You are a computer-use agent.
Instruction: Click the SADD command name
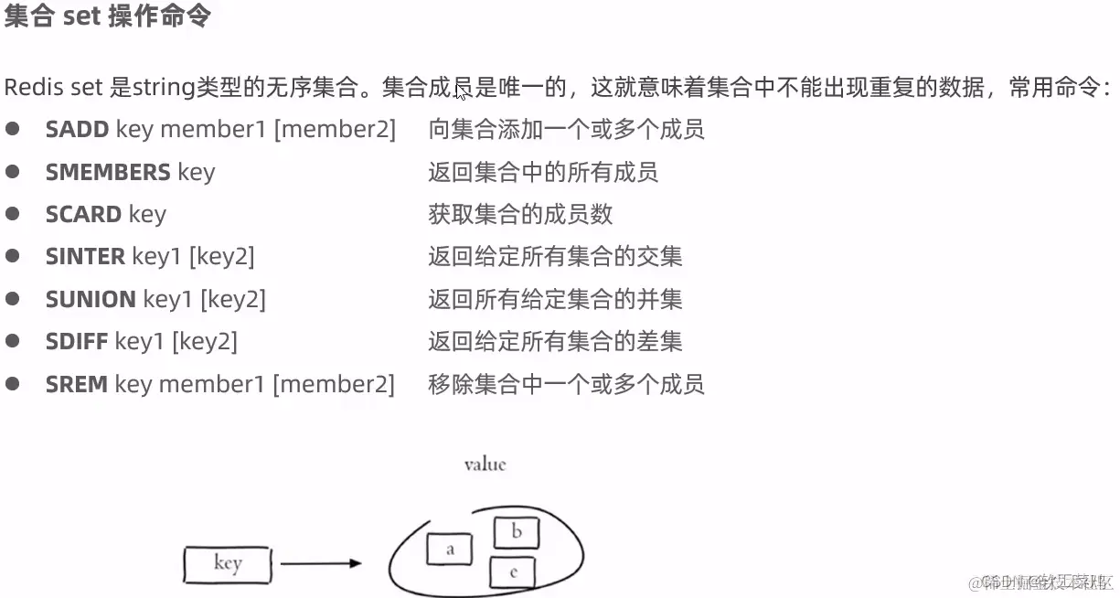pyautogui.click(x=77, y=130)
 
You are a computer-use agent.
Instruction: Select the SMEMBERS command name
pyautogui.click(x=108, y=172)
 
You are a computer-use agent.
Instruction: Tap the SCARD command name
pyautogui.click(x=83, y=214)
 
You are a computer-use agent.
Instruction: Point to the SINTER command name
pyautogui.click(x=85, y=257)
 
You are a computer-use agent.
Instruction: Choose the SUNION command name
pyautogui.click(x=91, y=299)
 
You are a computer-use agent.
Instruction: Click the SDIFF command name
pyautogui.click(x=77, y=342)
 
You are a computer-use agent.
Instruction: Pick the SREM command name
pyautogui.click(x=77, y=384)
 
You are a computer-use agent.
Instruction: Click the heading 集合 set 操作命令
pyautogui.click(x=107, y=17)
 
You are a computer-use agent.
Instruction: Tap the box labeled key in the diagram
pyautogui.click(x=228, y=564)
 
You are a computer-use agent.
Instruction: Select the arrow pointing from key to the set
pyautogui.click(x=320, y=563)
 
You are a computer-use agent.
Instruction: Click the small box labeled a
pyautogui.click(x=449, y=550)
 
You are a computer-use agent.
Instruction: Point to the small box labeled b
pyautogui.click(x=516, y=532)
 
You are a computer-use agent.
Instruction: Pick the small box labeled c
pyautogui.click(x=512, y=572)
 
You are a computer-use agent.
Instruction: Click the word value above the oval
pyautogui.click(x=485, y=465)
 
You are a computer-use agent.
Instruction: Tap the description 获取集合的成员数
pyautogui.click(x=519, y=214)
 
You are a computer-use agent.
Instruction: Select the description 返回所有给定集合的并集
pyautogui.click(x=555, y=299)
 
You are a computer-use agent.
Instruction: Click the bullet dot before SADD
pyautogui.click(x=13, y=129)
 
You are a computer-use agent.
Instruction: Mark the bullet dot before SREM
pyautogui.click(x=13, y=383)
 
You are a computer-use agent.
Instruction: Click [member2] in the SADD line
pyautogui.click(x=335, y=130)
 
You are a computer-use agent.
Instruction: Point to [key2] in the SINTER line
pyautogui.click(x=221, y=257)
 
